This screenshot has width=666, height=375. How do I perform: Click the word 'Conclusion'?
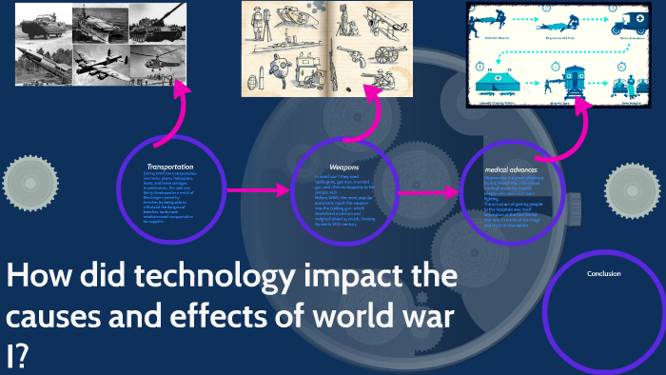pos(604,273)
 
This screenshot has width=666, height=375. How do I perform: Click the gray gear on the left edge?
pos(24,179)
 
